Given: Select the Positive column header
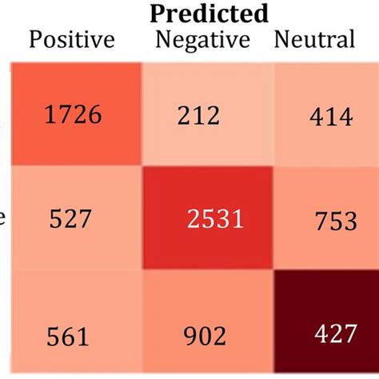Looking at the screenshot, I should click(x=71, y=39).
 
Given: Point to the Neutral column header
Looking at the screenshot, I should click(x=313, y=39).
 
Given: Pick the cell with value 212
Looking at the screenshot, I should click(x=199, y=117).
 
